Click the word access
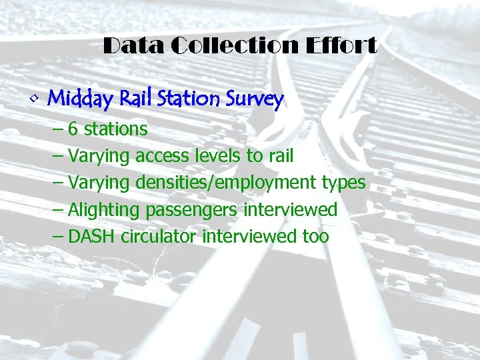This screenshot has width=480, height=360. coord(162,156)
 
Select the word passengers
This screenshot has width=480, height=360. coord(191,210)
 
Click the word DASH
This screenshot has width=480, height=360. coord(93,236)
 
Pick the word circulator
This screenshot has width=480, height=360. coord(159,236)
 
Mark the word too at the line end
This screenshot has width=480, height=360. coord(315,236)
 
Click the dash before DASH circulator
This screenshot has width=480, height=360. coord(58,236)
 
